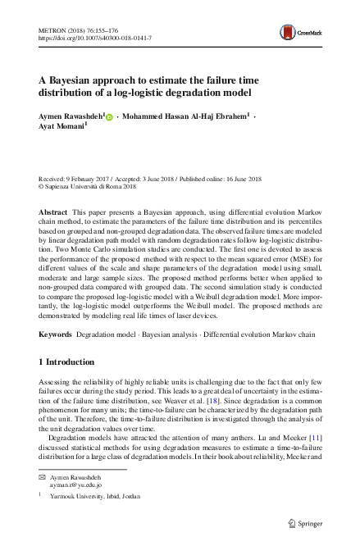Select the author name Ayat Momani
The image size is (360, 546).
point(60,130)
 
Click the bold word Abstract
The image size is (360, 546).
point(52,212)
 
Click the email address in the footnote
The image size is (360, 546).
point(75,485)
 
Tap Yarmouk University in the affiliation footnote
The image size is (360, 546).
point(80,496)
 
